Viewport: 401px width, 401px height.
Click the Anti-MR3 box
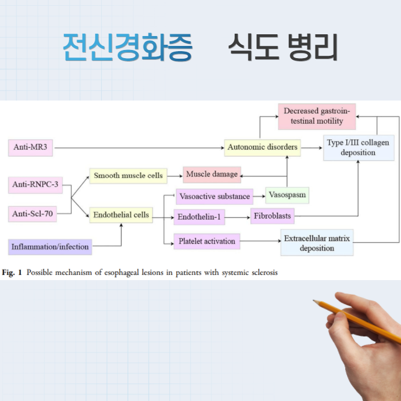coord(32,148)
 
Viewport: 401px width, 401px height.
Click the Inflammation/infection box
coord(50,246)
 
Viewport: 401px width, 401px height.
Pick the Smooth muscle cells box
coord(128,175)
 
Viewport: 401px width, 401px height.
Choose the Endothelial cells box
coord(121,215)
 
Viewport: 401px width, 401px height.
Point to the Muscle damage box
coord(212,174)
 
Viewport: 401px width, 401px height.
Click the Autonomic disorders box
coord(262,147)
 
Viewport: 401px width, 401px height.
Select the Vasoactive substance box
coord(214,196)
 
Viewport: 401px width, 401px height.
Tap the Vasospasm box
coord(287,195)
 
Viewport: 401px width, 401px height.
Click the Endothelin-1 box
coord(199,217)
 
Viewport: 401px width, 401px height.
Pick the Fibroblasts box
coord(272,217)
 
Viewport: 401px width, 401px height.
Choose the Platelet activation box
coord(207,241)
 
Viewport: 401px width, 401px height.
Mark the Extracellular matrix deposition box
coord(317,244)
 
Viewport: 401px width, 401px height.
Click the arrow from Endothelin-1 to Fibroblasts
coord(237,217)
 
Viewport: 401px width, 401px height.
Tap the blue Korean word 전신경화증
coord(127,48)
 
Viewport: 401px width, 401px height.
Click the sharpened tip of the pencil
coord(314,301)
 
